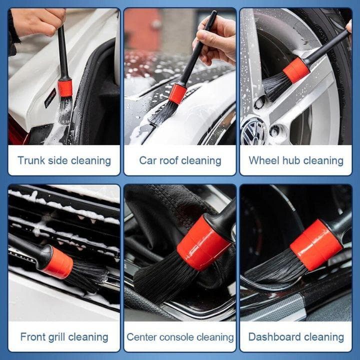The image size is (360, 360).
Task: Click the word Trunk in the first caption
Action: click(x=31, y=160)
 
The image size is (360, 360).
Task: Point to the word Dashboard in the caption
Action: click(x=274, y=337)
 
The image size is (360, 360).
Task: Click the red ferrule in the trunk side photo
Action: click(x=65, y=88)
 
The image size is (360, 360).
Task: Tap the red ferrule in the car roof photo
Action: click(x=177, y=93)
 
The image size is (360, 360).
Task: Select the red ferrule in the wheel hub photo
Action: click(x=296, y=70)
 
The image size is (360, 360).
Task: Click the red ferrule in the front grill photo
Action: click(x=59, y=262)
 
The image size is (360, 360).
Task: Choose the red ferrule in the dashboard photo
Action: click(x=316, y=245)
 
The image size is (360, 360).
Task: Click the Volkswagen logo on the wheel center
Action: click(x=253, y=131)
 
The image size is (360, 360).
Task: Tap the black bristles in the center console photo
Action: click(x=162, y=278)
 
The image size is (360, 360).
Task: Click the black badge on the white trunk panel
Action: click(x=50, y=98)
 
